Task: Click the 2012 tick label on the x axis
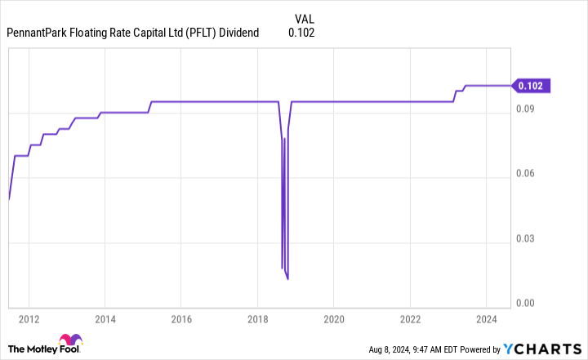click(x=29, y=318)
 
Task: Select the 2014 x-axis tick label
click(x=105, y=318)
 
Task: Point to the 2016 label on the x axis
click(x=181, y=318)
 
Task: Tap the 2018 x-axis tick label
click(x=257, y=318)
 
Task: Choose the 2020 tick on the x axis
click(x=334, y=318)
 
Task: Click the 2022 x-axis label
click(x=410, y=318)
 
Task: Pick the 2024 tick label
click(x=486, y=318)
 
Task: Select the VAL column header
click(x=303, y=17)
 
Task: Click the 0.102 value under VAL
click(x=301, y=33)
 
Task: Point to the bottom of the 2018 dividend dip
click(x=287, y=278)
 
